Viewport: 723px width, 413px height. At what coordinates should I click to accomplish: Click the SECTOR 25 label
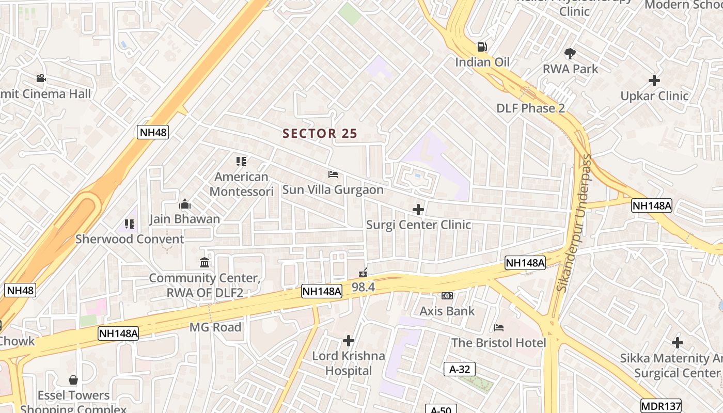pyautogui.click(x=320, y=133)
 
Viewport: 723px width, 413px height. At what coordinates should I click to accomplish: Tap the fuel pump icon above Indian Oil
pyautogui.click(x=482, y=47)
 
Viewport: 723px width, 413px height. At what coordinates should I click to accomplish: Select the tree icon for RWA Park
pyautogui.click(x=570, y=53)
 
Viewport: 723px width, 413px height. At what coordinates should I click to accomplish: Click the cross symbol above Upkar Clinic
pyautogui.click(x=654, y=81)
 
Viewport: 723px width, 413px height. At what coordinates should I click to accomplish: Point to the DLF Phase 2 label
pyautogui.click(x=530, y=108)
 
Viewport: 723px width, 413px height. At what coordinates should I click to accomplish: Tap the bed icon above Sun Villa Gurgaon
pyautogui.click(x=333, y=174)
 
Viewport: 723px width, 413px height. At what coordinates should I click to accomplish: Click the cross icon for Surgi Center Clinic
pyautogui.click(x=418, y=210)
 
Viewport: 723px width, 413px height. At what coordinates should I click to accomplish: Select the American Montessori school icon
pyautogui.click(x=241, y=162)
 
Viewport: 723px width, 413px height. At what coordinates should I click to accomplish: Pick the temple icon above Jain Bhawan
pyautogui.click(x=185, y=204)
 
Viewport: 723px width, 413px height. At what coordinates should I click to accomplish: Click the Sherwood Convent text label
pyautogui.click(x=130, y=239)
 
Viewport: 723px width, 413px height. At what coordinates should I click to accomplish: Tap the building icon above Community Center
pyautogui.click(x=204, y=262)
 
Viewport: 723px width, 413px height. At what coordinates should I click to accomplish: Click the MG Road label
pyautogui.click(x=215, y=327)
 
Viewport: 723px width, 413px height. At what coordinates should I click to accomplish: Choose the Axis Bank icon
pyautogui.click(x=447, y=296)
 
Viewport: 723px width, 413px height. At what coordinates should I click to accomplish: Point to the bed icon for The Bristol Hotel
pyautogui.click(x=498, y=327)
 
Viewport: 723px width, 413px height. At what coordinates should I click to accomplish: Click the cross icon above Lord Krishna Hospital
pyautogui.click(x=349, y=341)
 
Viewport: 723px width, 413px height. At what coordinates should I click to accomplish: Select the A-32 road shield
pyautogui.click(x=459, y=369)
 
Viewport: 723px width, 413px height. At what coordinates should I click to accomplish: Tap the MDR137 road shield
pyautogui.click(x=661, y=406)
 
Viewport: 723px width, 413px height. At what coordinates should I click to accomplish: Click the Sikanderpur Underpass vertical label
pyautogui.click(x=574, y=223)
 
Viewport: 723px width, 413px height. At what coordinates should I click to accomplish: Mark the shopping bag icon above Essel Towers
pyautogui.click(x=73, y=380)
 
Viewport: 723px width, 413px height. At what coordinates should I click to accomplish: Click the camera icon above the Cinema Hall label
pyautogui.click(x=41, y=78)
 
